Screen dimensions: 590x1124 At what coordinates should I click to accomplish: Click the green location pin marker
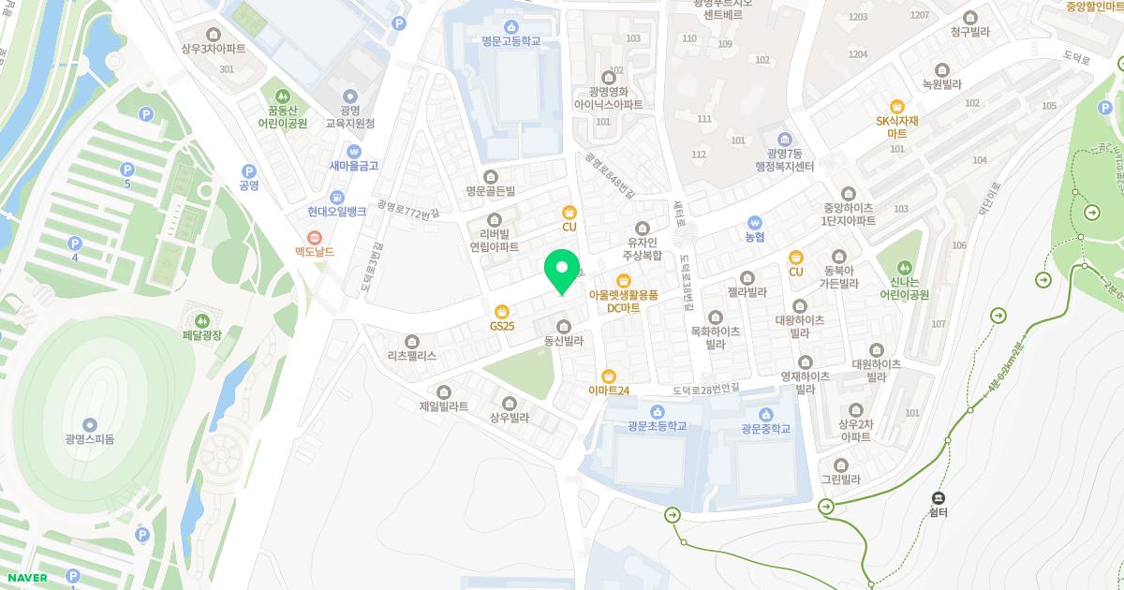pos(562,271)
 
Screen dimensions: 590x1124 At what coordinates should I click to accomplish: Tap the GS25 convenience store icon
pos(502,311)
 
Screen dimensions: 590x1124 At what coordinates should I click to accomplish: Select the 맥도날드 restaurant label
pos(315,251)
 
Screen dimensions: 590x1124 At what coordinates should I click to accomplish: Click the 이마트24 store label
pos(608,390)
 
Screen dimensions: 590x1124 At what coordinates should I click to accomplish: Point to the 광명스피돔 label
pos(90,439)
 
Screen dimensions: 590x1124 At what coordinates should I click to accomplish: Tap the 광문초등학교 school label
pos(658,427)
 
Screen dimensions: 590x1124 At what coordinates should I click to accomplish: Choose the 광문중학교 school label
pos(765,428)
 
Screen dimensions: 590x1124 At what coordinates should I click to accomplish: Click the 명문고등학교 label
pos(510,41)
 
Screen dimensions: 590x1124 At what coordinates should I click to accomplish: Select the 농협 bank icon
pos(755,222)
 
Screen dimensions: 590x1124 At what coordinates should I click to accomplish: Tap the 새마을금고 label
pos(354,166)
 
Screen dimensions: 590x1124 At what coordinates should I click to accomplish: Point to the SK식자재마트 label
pos(896,126)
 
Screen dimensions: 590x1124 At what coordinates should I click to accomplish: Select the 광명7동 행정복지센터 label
pos(784,159)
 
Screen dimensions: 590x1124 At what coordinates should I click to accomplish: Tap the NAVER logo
pos(26,577)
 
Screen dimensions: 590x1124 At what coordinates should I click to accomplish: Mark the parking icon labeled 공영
pos(248,171)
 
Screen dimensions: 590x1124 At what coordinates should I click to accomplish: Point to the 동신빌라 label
pos(564,341)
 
